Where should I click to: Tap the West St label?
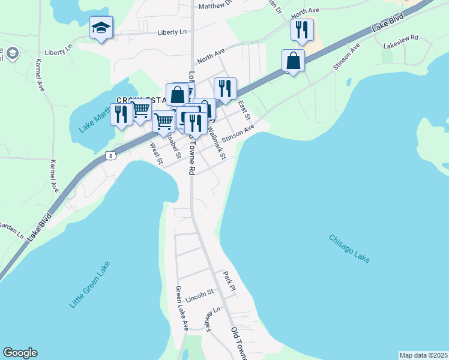click(157, 154)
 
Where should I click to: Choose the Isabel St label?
click(175, 145)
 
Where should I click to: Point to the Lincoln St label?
click(200, 295)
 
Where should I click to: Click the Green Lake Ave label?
click(182, 308)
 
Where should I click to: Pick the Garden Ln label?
click(11, 230)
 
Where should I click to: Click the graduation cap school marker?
click(101, 28)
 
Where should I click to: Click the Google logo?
click(20, 353)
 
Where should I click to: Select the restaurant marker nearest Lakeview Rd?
click(302, 29)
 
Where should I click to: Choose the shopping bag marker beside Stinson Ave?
click(293, 61)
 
